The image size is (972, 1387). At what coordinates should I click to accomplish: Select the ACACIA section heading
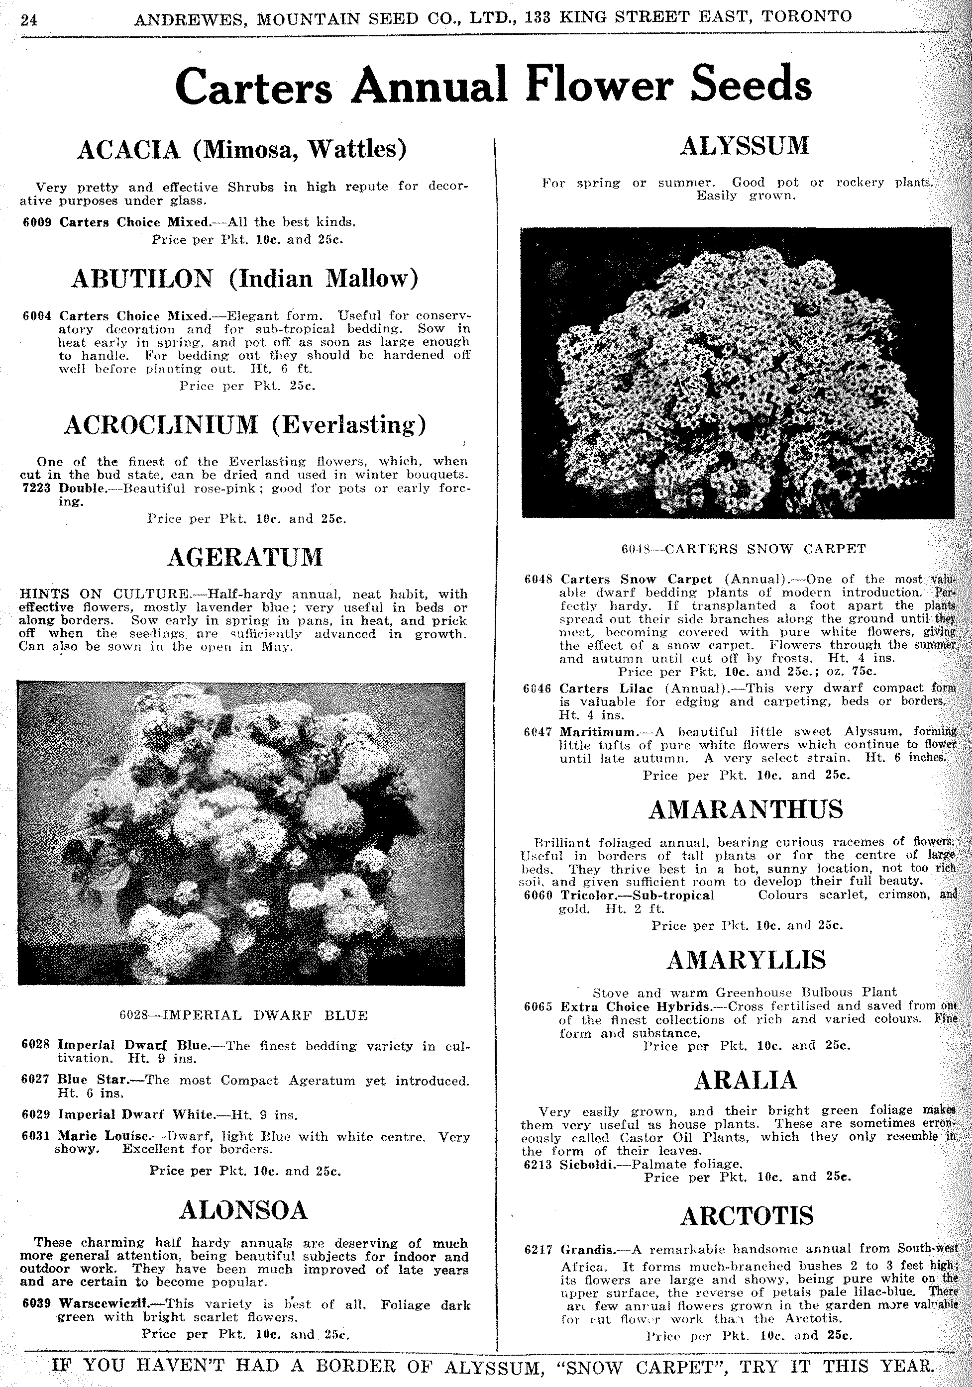(129, 149)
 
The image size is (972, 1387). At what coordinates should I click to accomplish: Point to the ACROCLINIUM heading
(161, 425)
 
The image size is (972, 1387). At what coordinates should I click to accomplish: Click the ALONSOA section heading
(244, 1209)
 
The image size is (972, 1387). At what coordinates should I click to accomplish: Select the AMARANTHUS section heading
(746, 809)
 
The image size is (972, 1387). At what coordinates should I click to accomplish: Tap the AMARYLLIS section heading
(746, 960)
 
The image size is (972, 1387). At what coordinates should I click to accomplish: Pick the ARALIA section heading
(746, 1080)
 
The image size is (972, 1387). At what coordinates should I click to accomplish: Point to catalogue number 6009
(38, 222)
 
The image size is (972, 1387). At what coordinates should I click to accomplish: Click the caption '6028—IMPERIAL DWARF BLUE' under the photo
(243, 1015)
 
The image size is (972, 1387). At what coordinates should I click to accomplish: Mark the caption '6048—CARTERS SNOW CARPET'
(744, 549)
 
